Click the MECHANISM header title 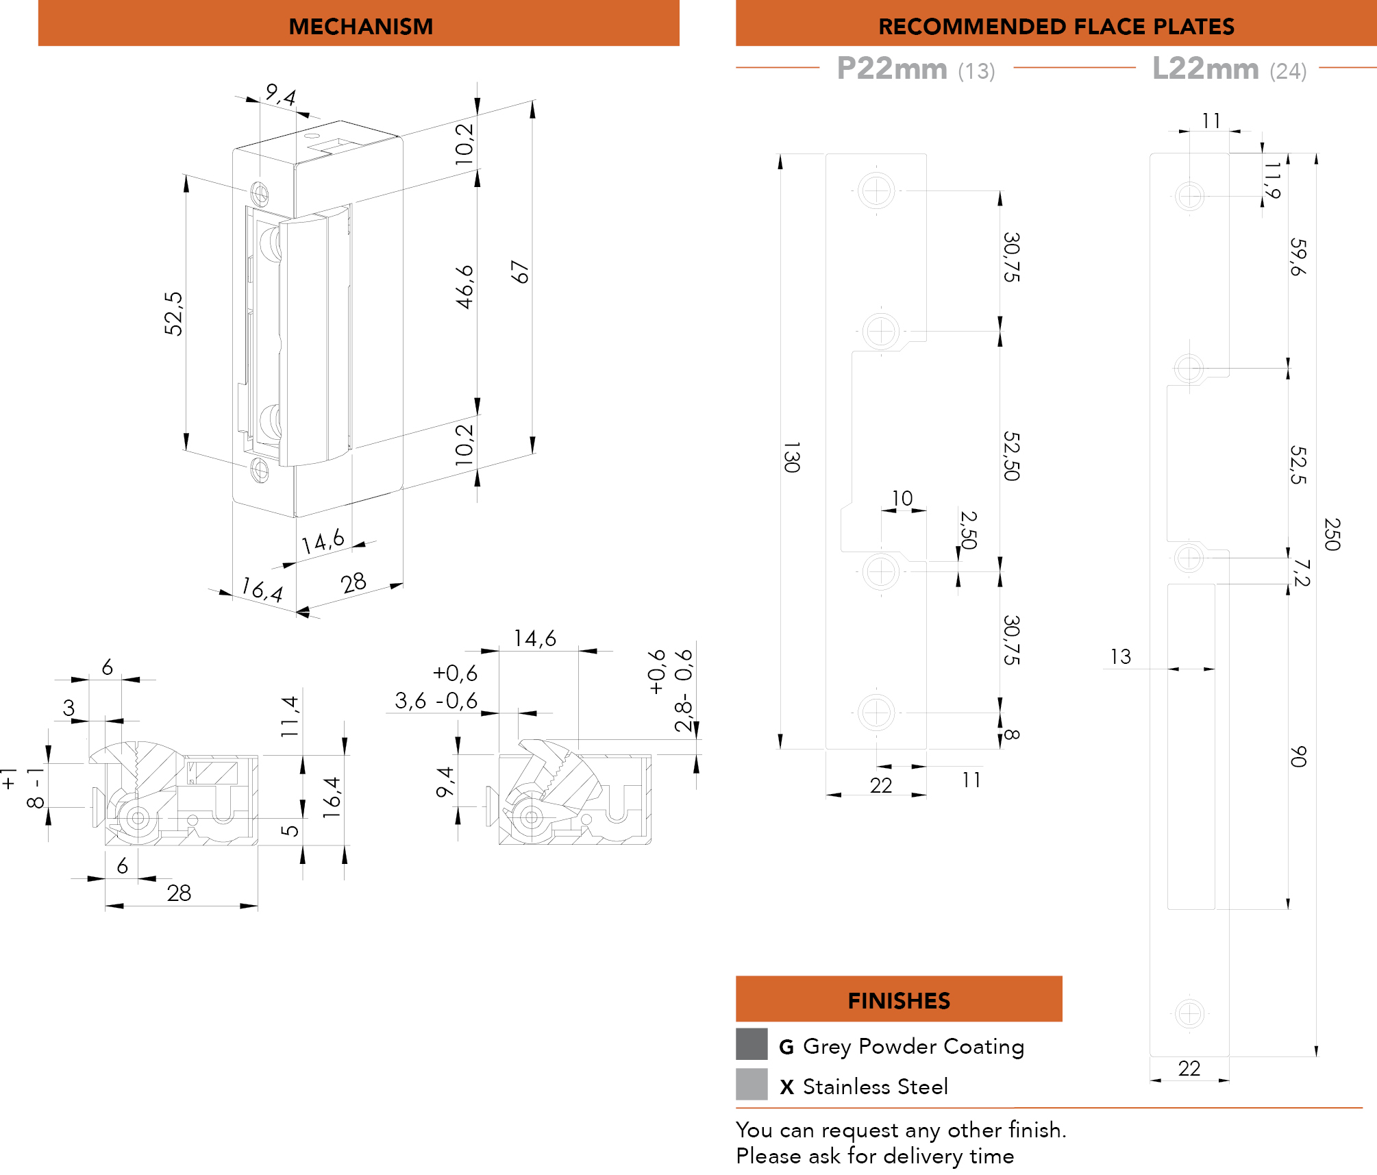[x=360, y=26]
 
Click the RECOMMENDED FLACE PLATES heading [x=1056, y=26]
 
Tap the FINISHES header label [x=899, y=1000]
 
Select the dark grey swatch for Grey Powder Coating [x=752, y=1044]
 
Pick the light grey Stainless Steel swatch [x=752, y=1084]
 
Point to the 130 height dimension [x=791, y=457]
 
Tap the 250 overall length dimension [x=1332, y=534]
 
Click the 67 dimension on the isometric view [x=521, y=272]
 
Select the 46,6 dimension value [x=465, y=287]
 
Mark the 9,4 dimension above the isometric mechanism [x=281, y=94]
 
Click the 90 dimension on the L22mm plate [x=1298, y=756]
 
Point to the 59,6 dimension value [x=1298, y=257]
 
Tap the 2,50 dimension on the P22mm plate [x=968, y=530]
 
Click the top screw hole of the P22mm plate [x=876, y=190]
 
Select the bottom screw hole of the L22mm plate [x=1189, y=1013]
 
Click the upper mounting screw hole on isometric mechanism [x=259, y=193]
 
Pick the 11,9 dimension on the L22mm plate [x=1272, y=180]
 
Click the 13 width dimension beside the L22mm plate [x=1121, y=657]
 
